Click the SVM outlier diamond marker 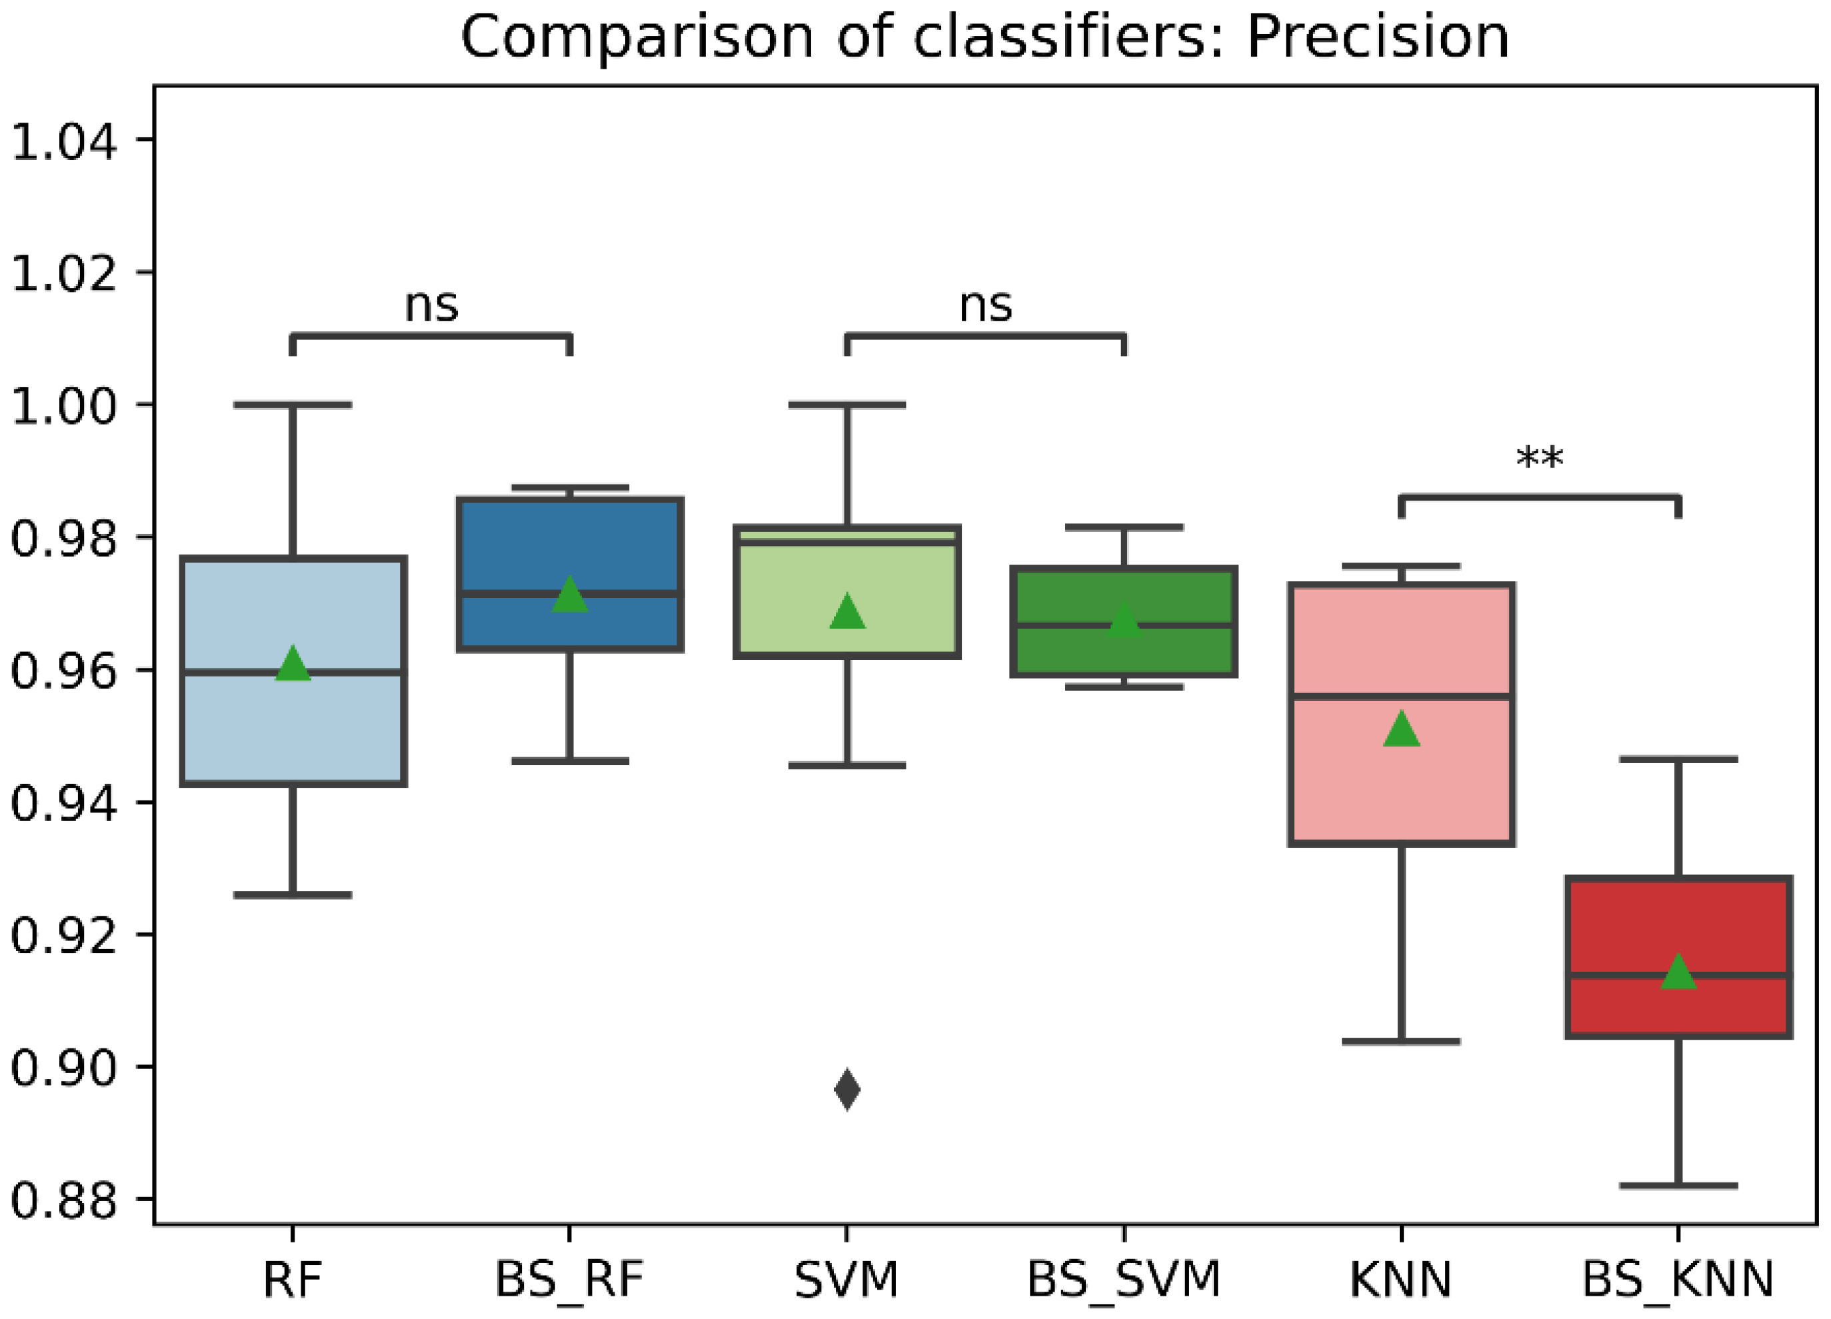[x=847, y=1090]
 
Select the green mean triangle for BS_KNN [x=1678, y=972]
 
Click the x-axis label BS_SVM [x=1124, y=1280]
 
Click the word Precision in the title [x=1377, y=37]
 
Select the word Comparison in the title [x=638, y=37]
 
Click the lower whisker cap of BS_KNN [x=1678, y=1186]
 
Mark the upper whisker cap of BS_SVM [x=1124, y=527]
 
